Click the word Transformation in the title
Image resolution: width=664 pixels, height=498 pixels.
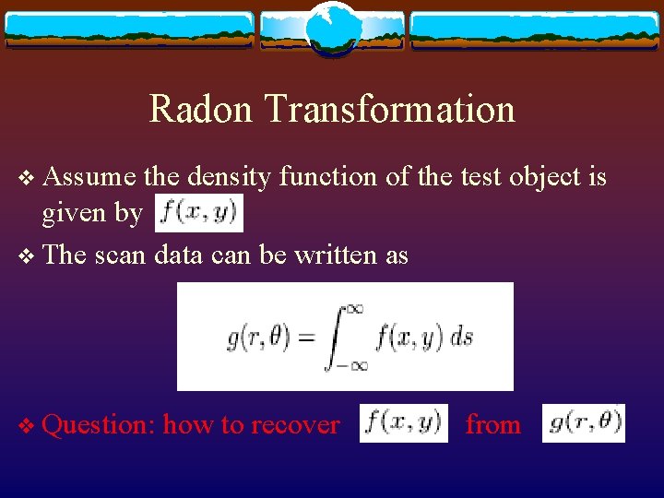point(389,109)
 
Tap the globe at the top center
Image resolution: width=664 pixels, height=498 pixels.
point(332,28)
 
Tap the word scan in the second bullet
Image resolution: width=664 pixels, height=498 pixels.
point(118,255)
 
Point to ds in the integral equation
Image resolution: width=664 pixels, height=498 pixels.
point(461,337)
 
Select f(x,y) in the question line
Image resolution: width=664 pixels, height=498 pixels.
point(403,423)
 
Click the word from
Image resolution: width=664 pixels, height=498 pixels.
point(492,424)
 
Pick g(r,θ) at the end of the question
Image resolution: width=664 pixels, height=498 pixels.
point(584,423)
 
